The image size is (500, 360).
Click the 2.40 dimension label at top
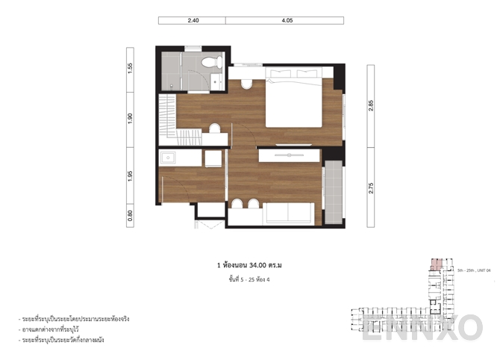193,21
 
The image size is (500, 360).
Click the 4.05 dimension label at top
287,21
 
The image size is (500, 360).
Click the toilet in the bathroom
211,61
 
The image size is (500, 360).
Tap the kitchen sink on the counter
167,158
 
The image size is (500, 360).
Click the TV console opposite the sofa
290,155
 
